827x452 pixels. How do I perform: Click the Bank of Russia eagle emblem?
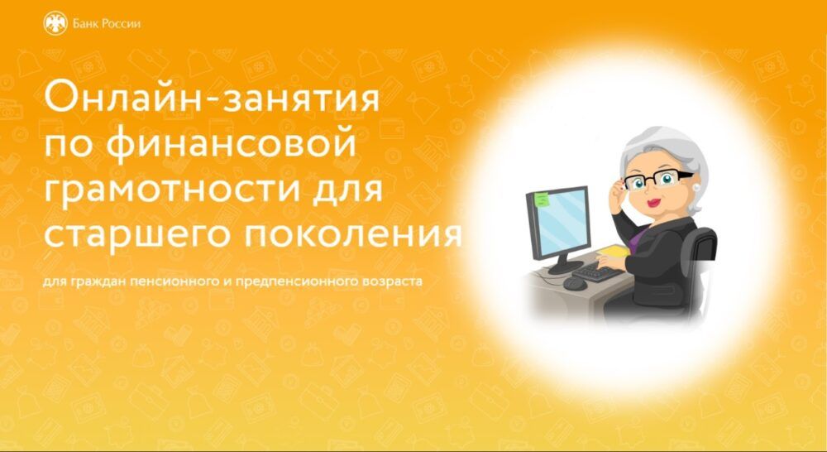tap(55, 24)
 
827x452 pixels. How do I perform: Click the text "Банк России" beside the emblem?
tap(107, 24)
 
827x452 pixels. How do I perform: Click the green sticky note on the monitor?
tap(541, 200)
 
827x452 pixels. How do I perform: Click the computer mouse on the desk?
tap(575, 283)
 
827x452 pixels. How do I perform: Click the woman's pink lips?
tap(654, 203)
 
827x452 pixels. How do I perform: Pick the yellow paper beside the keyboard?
tap(614, 252)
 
